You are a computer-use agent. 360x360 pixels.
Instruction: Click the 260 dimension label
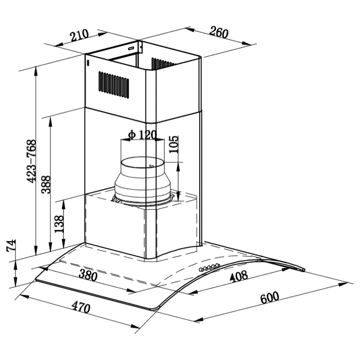click(x=219, y=32)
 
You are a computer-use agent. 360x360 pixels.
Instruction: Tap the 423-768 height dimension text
click(x=32, y=161)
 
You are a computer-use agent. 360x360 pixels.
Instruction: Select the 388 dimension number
click(x=46, y=185)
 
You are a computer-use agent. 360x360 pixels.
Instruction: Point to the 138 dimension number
click(x=59, y=224)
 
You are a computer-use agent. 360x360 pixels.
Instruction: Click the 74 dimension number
click(x=11, y=246)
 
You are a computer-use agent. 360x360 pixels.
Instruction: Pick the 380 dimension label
click(x=88, y=276)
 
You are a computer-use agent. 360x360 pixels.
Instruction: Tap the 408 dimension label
click(x=239, y=276)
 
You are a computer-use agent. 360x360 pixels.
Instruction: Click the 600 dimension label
click(x=270, y=298)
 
